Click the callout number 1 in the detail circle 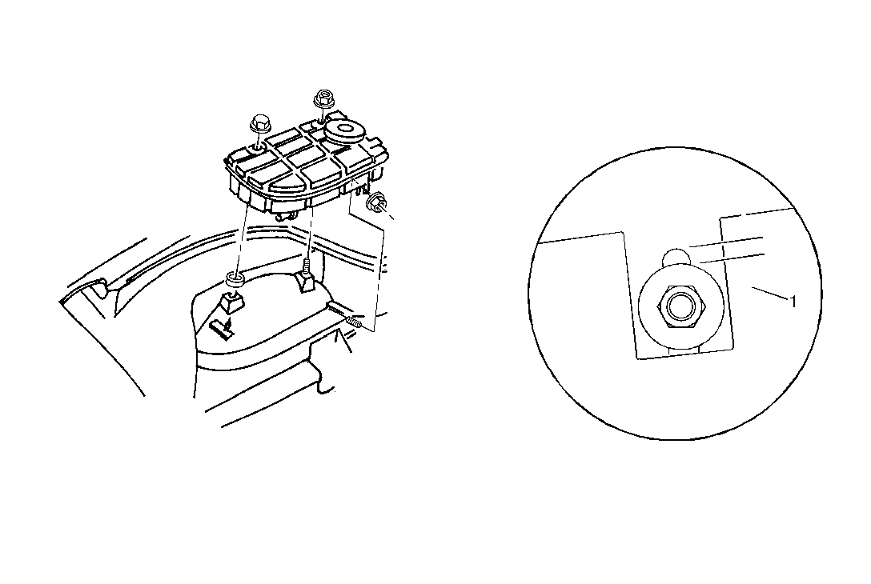coord(793,302)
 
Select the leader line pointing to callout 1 coord(770,294)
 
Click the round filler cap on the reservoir coord(343,131)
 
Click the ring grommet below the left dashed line coord(235,279)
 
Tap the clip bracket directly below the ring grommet coord(231,303)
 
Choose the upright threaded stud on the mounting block coord(306,266)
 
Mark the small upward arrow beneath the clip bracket coord(224,329)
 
